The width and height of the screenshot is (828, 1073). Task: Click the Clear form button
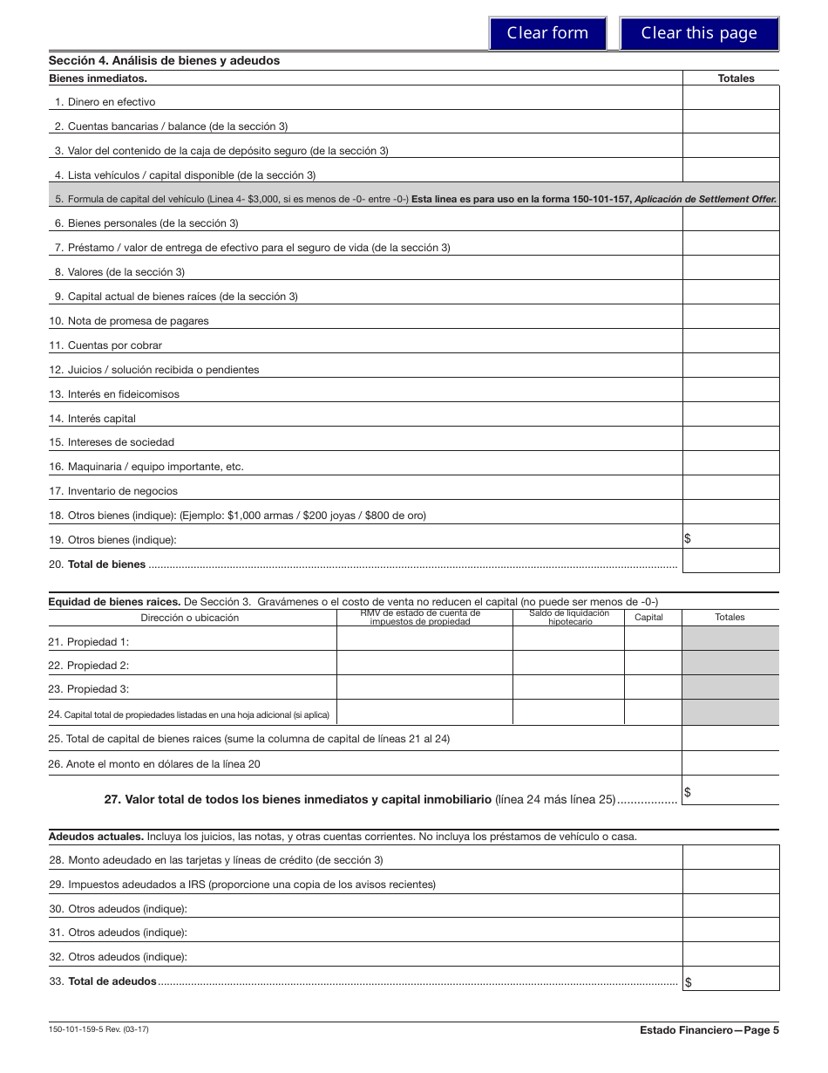point(547,33)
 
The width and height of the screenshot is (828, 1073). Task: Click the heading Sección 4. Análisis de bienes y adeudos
point(164,61)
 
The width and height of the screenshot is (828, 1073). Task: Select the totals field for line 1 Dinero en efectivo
point(730,101)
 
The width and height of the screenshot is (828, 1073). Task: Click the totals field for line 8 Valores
point(730,271)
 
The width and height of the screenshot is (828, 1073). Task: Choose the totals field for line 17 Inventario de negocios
point(730,490)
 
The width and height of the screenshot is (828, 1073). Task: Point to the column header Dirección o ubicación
point(190,618)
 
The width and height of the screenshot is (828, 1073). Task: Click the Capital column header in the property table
point(648,618)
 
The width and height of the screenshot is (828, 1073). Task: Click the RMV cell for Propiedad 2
point(424,666)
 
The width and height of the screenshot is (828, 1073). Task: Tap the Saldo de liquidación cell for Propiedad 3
point(568,689)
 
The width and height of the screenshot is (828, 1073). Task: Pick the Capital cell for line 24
point(653,714)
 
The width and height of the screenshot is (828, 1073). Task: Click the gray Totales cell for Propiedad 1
point(730,642)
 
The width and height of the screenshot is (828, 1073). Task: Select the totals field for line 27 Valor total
point(730,791)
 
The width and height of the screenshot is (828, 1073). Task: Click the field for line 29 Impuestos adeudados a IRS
point(730,883)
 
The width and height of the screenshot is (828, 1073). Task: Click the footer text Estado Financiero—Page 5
point(709,1029)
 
